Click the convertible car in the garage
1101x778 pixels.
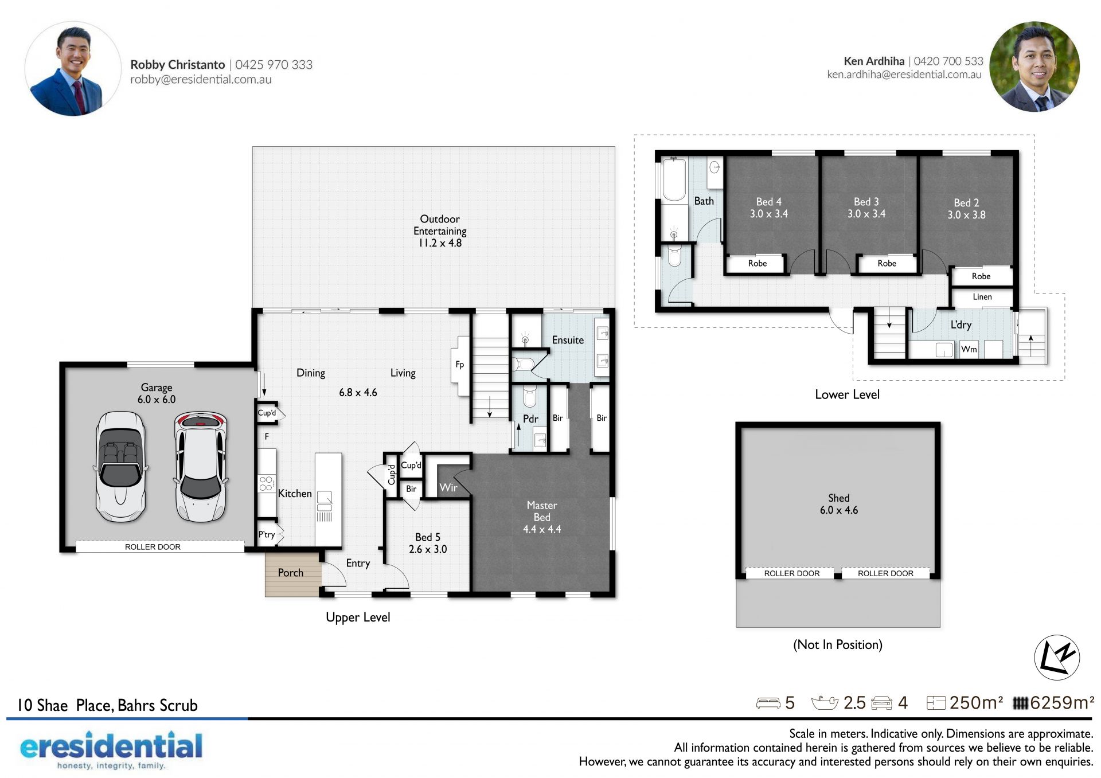(120, 467)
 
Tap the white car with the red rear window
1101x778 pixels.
(201, 467)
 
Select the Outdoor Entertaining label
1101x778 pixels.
(440, 230)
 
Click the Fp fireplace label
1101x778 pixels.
(459, 365)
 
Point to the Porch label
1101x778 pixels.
(291, 573)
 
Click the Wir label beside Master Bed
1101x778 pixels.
(448, 487)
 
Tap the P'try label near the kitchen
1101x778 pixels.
(267, 534)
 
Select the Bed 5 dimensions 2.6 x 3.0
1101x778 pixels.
(428, 549)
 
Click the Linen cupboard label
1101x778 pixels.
(982, 297)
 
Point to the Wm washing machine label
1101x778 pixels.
(969, 349)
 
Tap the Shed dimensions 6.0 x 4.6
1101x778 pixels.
(839, 510)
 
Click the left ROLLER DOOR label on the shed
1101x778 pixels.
(792, 573)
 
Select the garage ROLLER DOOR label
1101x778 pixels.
(153, 547)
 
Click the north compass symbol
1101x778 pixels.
(1057, 657)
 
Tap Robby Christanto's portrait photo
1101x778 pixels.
(73, 69)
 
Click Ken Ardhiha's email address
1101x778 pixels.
(904, 75)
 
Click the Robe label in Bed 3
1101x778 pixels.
(887, 263)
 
